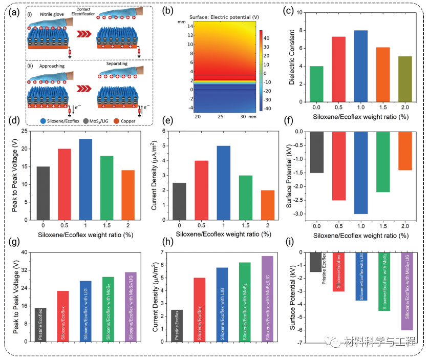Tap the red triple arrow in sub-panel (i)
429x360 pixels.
click(x=79, y=36)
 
